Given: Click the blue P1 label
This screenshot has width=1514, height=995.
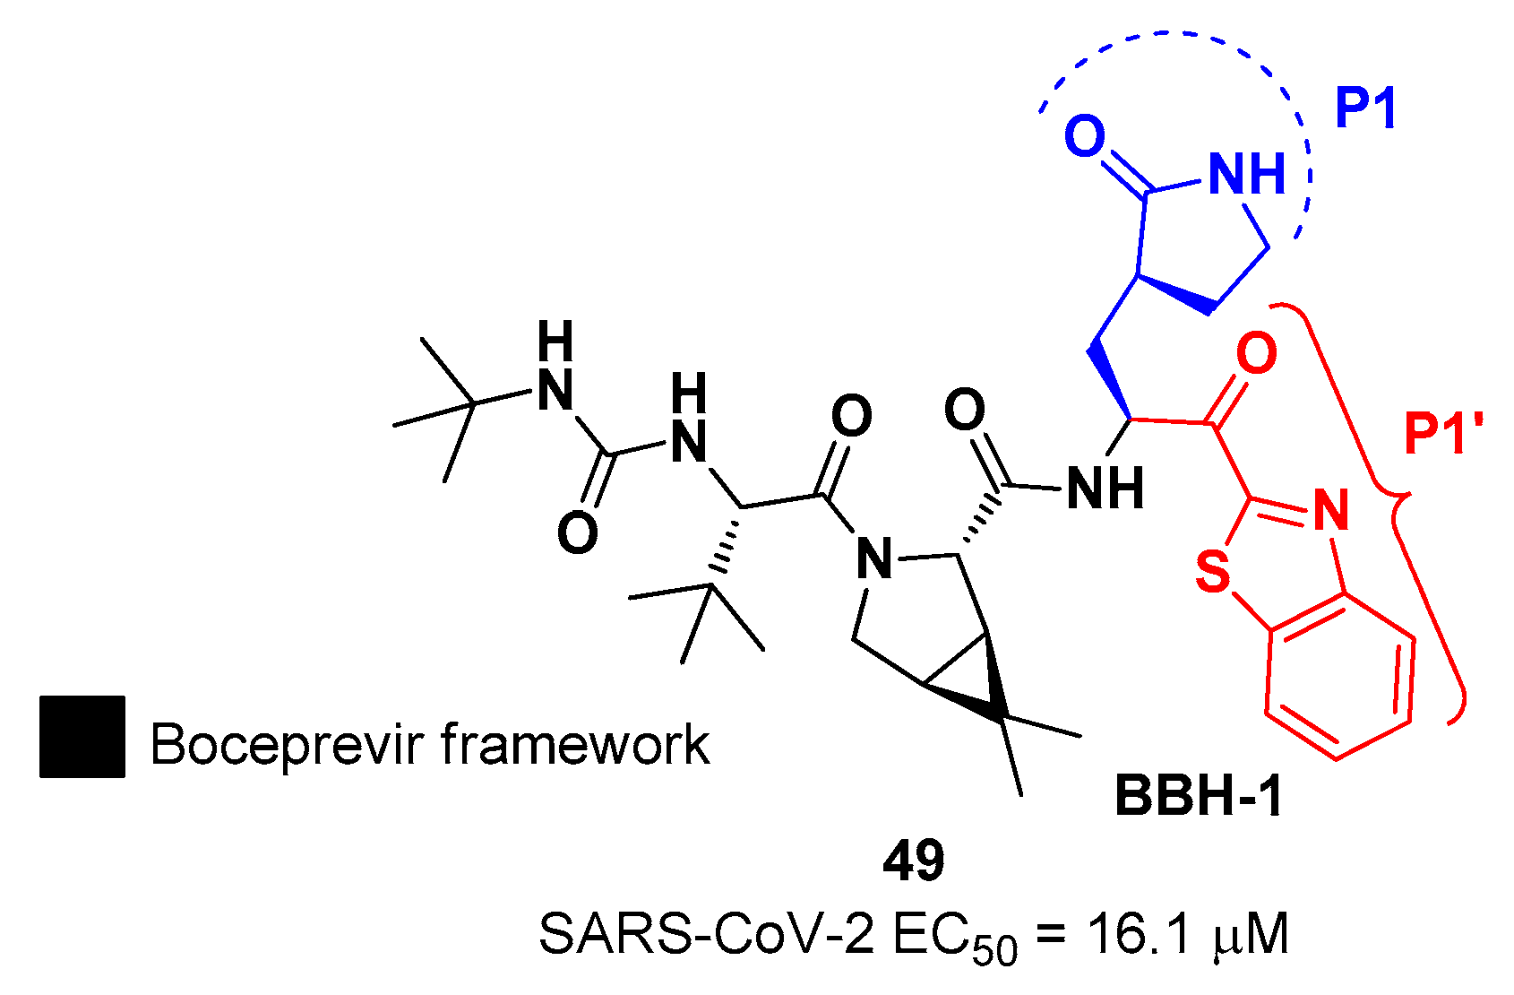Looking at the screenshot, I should click(1365, 109).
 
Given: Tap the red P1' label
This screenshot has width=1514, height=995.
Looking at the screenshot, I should click(1443, 436).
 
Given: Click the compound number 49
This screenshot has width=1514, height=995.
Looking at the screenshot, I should click(914, 861).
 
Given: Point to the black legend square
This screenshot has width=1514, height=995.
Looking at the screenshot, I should click(82, 736).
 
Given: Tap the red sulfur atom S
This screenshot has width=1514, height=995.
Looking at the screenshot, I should click(1214, 571).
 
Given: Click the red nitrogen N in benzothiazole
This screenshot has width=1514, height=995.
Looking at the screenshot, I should click(1330, 510).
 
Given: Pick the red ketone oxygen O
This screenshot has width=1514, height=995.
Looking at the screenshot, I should click(1256, 353).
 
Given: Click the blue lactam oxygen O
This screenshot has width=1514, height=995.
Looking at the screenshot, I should click(1085, 137).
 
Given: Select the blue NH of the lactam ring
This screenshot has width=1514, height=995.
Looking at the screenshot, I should click(1246, 174).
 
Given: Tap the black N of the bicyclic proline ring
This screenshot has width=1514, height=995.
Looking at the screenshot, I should click(874, 559).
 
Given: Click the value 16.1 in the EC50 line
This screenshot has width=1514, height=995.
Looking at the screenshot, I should click(1140, 935).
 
